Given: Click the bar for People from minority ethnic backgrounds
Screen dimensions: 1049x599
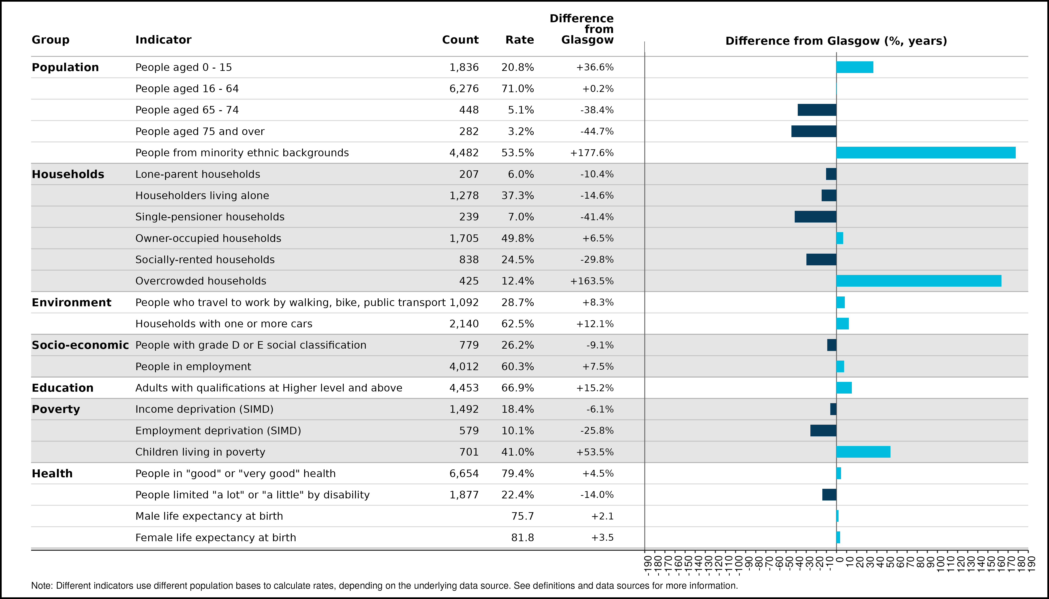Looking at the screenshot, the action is pyautogui.click(x=926, y=153).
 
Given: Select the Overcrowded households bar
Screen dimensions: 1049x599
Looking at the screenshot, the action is pyautogui.click(x=919, y=281).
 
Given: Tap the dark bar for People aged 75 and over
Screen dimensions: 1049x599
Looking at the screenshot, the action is pyautogui.click(x=814, y=131).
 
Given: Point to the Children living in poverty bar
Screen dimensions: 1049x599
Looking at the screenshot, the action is pyautogui.click(x=863, y=452).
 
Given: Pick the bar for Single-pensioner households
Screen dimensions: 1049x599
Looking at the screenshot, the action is pyautogui.click(x=816, y=217).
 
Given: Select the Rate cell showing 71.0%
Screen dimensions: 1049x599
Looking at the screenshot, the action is pyautogui.click(x=517, y=89).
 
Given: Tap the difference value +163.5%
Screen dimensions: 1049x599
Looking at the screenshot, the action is pyautogui.click(x=592, y=281).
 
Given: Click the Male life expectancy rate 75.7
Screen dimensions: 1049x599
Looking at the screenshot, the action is pyautogui.click(x=522, y=516).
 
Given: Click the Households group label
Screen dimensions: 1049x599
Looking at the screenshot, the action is pyautogui.click(x=68, y=174).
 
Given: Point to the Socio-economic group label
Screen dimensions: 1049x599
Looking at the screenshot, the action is pyautogui.click(x=80, y=345).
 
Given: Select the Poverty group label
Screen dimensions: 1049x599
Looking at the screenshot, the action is pyautogui.click(x=56, y=409).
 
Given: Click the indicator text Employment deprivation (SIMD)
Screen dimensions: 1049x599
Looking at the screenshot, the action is pyautogui.click(x=218, y=431).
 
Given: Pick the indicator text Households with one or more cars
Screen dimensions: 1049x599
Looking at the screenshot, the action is pyautogui.click(x=224, y=324).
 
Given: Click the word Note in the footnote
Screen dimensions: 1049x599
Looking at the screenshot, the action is pyautogui.click(x=42, y=585).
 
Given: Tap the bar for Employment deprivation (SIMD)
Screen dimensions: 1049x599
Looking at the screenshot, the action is pyautogui.click(x=823, y=430).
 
